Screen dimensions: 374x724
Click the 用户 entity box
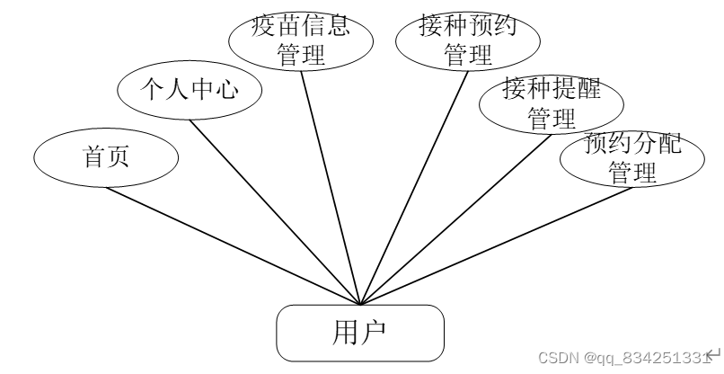coord(359,332)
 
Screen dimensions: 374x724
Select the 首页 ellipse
coord(106,157)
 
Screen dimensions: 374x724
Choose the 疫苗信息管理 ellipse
coord(301,40)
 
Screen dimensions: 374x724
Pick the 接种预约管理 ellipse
coord(467,40)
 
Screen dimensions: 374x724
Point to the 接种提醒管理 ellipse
coord(551,103)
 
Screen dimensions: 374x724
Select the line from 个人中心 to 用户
coord(275,212)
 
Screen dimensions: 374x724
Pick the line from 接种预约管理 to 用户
coord(413,189)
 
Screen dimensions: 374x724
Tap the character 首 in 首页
coord(94,157)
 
